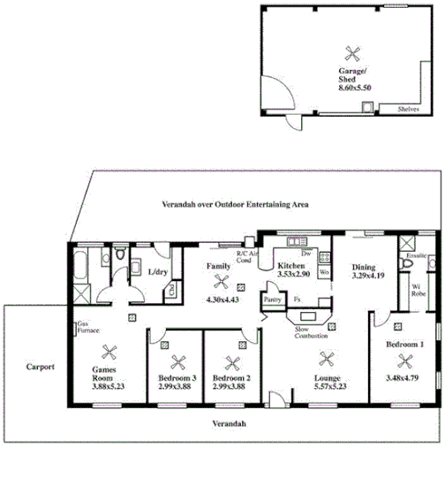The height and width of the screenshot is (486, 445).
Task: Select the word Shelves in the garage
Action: pos(407,109)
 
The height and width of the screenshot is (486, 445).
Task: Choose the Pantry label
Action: pos(273,300)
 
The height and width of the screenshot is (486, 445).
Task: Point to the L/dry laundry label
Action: pos(159,272)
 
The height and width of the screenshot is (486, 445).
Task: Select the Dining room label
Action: pos(364,267)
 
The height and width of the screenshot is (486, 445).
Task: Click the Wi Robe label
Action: pos(417,289)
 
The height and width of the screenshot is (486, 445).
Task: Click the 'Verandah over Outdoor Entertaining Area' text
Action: pos(228,204)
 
